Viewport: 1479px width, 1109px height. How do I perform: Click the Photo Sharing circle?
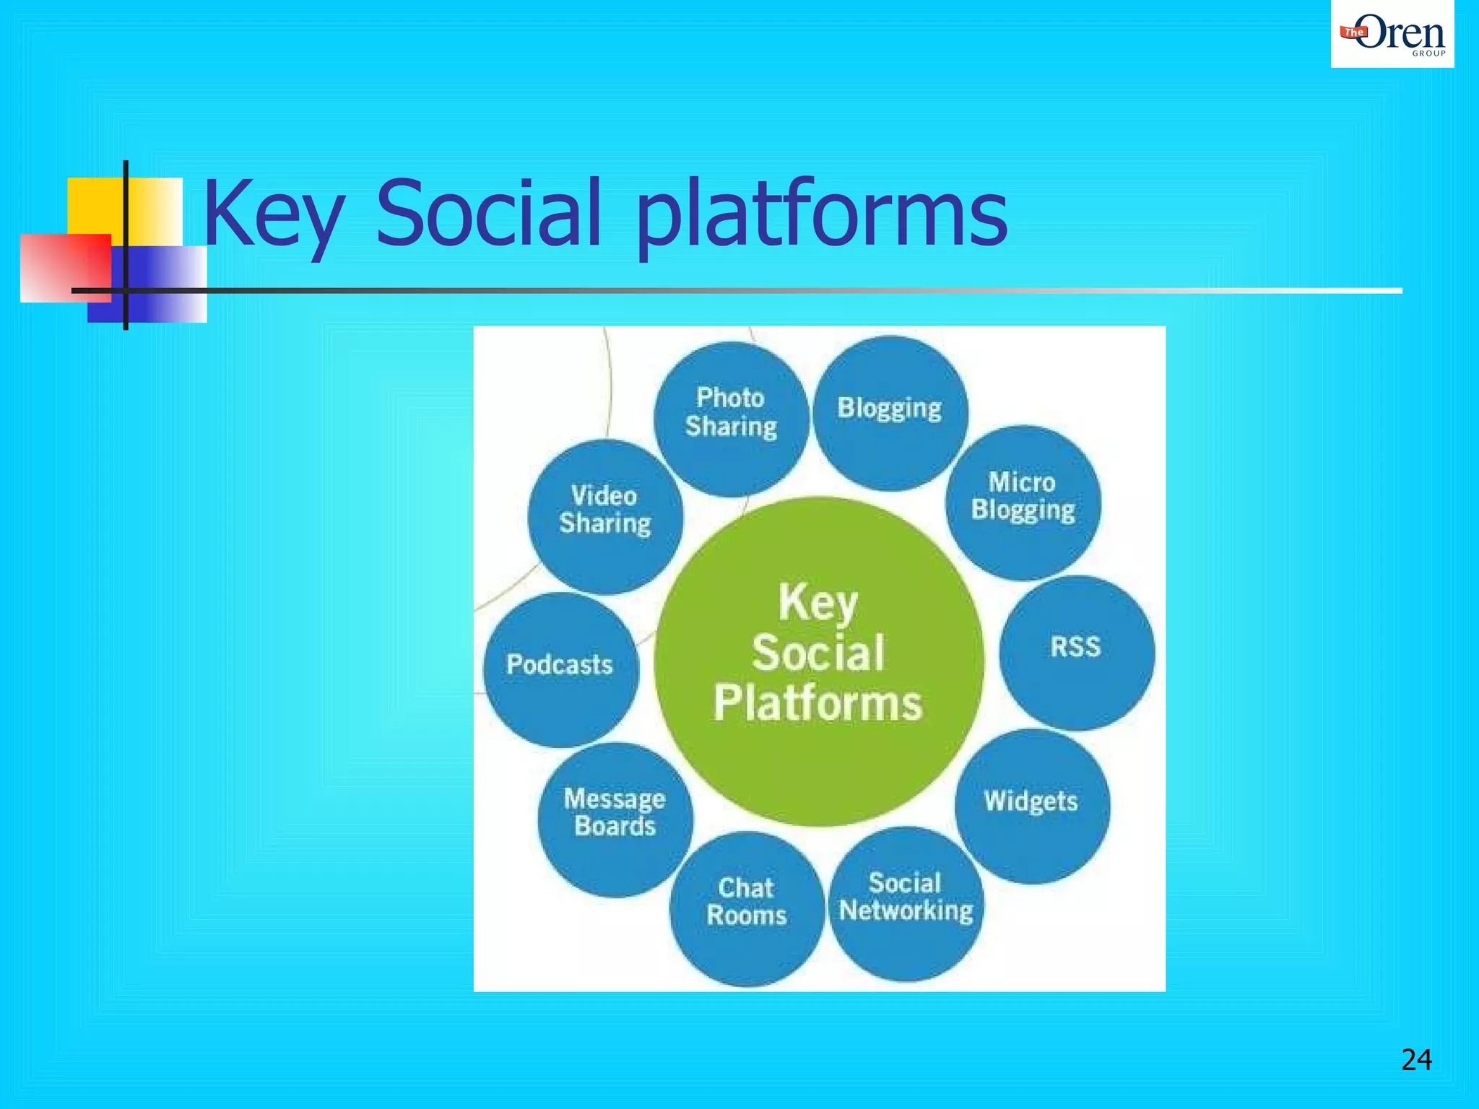click(731, 419)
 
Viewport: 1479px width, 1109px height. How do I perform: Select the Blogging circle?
click(890, 413)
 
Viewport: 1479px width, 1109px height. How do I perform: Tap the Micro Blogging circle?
click(1023, 503)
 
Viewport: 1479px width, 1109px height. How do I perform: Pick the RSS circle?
click(1076, 653)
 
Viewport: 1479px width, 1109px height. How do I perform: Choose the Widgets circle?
click(1031, 806)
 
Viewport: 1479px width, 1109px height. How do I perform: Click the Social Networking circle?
click(906, 904)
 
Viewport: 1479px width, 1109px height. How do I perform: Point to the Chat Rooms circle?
click(747, 908)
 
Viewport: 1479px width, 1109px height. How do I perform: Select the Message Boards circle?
click(615, 819)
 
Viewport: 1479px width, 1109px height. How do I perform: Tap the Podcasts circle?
click(560, 669)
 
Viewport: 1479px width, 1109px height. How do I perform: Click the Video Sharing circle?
click(605, 516)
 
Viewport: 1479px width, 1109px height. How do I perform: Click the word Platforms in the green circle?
click(818, 703)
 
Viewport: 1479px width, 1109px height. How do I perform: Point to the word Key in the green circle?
click(818, 603)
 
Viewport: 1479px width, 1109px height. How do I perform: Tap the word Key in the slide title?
click(273, 215)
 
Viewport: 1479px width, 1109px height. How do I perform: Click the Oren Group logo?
click(1392, 34)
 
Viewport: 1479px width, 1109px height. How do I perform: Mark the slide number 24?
click(1416, 1060)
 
